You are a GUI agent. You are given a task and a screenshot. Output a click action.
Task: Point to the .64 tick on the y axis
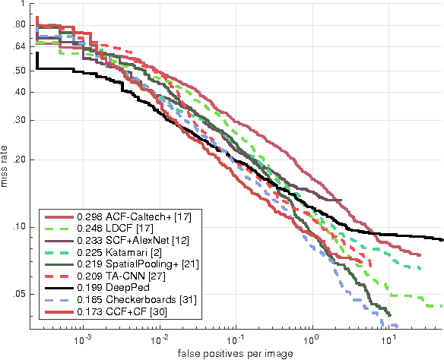click(x=19, y=47)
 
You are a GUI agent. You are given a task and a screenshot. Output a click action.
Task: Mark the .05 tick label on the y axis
click(x=19, y=294)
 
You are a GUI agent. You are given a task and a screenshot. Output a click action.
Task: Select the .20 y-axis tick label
click(x=19, y=160)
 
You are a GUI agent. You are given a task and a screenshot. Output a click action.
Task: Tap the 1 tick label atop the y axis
click(x=23, y=4)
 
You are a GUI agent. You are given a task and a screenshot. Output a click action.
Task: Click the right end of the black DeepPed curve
click(x=442, y=239)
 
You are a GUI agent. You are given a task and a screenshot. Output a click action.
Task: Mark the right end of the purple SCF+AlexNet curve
click(x=341, y=200)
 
